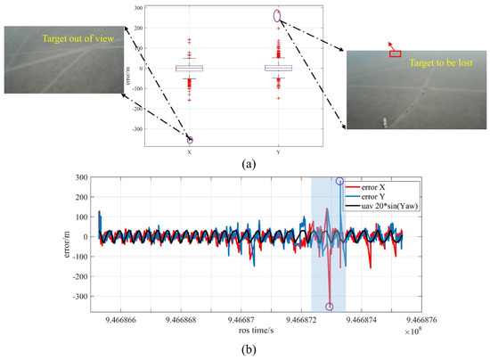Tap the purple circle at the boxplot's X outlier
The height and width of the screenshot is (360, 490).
[190, 141]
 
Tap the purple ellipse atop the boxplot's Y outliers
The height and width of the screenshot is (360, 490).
[277, 16]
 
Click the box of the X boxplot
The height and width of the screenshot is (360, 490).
[190, 68]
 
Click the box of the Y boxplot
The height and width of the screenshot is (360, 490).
[277, 68]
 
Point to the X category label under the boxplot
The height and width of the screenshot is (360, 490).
[190, 152]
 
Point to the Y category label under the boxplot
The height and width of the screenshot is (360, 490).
[277, 152]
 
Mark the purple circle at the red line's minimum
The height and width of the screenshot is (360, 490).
[329, 307]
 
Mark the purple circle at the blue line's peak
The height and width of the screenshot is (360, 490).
[339, 181]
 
